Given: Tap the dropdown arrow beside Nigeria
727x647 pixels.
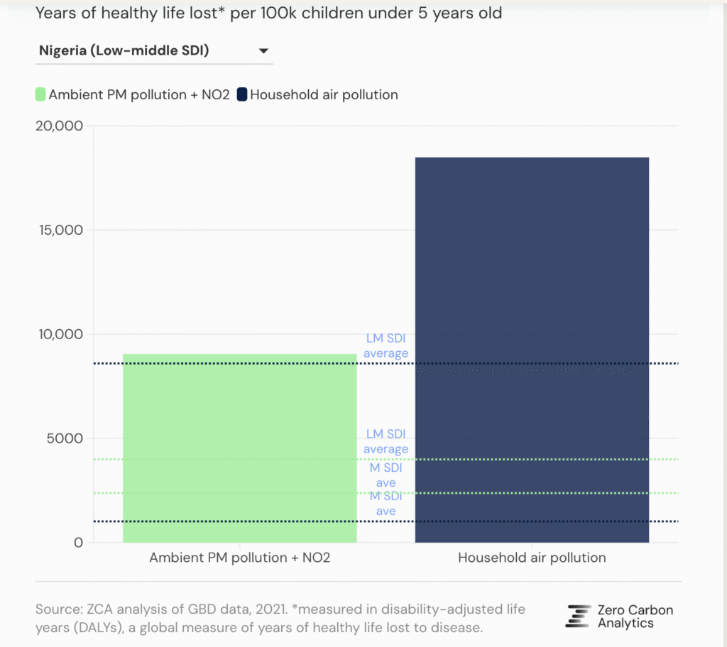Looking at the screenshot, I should (263, 51).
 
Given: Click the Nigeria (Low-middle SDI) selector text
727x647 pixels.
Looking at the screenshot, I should (124, 50).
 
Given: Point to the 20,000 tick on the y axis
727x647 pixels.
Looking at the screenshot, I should (58, 126).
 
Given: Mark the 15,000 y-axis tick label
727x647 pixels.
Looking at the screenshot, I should (58, 231).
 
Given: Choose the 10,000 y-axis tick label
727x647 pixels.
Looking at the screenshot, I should (58, 334).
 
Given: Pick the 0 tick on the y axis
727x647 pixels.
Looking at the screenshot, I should (78, 543).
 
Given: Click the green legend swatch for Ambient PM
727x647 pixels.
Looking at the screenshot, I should (40, 94).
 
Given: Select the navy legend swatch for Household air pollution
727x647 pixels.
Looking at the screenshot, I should (241, 94).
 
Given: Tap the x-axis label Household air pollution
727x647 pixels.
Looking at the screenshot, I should (532, 558).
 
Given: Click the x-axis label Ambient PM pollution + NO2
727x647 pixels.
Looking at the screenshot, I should (239, 558).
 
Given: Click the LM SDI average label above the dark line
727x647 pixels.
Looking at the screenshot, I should (386, 346).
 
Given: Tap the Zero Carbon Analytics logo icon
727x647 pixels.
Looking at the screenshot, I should (579, 616).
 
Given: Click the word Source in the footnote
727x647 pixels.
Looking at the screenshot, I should (55, 609).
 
